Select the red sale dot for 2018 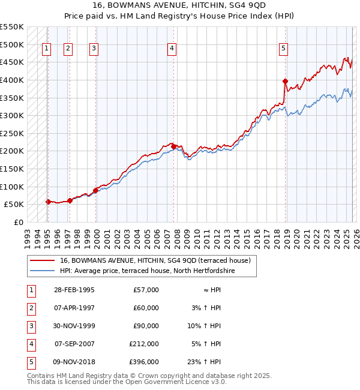[285, 81]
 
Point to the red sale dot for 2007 [173, 146]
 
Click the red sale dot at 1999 [95, 190]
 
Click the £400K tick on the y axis [13, 80]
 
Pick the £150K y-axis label [13, 169]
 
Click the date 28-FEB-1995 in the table [74, 290]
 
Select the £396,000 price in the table [144, 362]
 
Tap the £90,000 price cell [146, 326]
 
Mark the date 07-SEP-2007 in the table [74, 344]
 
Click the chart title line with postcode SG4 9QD [180, 6]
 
